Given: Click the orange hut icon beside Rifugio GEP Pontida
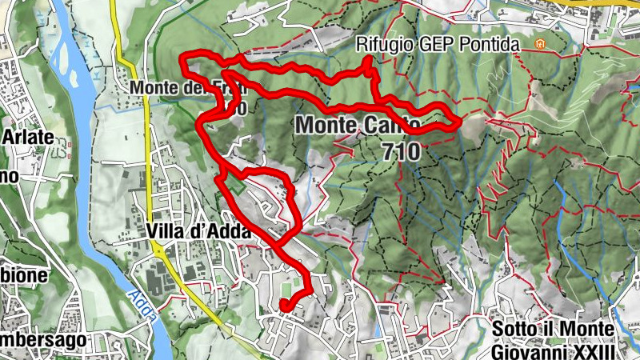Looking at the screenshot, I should pos(539,45).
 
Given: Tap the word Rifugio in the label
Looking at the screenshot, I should pos(383,45).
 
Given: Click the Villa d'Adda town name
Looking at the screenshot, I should pos(199,230).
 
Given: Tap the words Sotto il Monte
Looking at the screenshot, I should pos(553,330).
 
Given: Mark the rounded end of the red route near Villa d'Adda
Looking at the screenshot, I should pos(285,304).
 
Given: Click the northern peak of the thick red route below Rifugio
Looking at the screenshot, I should pos(368,62).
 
